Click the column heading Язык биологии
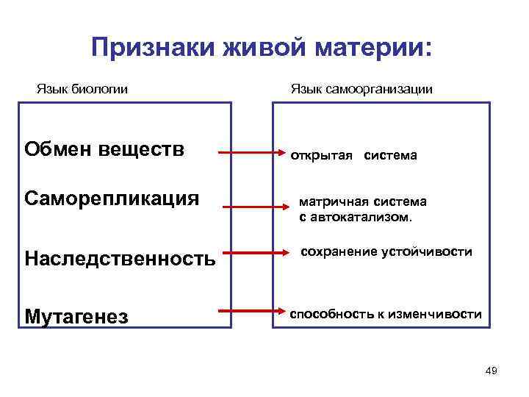(x=82, y=89)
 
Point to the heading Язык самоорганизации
(x=361, y=89)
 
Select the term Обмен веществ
(x=104, y=150)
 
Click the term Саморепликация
(x=112, y=198)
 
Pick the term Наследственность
(x=120, y=258)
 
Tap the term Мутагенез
(x=76, y=317)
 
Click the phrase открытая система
(x=353, y=156)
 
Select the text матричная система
(x=362, y=201)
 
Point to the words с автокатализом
(x=356, y=218)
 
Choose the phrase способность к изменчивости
(x=386, y=315)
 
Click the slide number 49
(x=492, y=371)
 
